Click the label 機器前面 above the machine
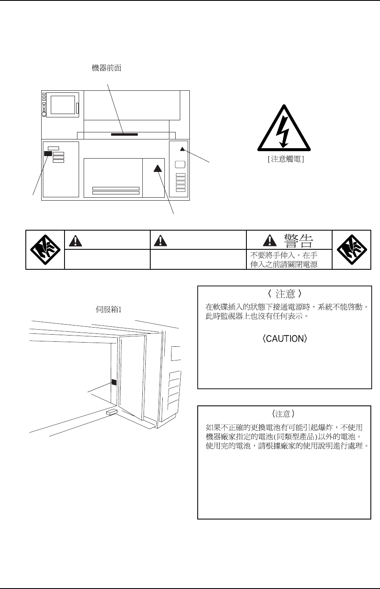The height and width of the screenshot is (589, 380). [x=107, y=68]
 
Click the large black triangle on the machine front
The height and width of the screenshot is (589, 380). [x=157, y=168]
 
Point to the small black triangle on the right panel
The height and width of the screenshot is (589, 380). [x=182, y=149]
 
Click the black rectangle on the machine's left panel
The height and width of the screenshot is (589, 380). [x=48, y=154]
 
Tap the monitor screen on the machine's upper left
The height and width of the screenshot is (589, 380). [x=62, y=103]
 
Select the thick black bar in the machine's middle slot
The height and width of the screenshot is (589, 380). [x=124, y=134]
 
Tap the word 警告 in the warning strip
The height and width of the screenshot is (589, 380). [x=298, y=240]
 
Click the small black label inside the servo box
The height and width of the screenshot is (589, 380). [x=114, y=382]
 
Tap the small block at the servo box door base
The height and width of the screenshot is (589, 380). [x=112, y=412]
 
